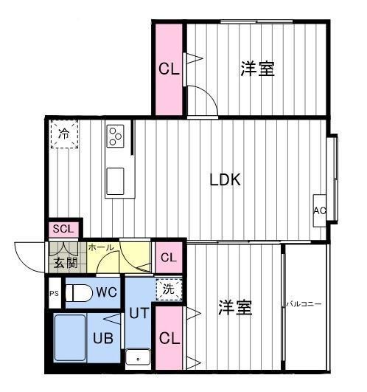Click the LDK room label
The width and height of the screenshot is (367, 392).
(226, 179)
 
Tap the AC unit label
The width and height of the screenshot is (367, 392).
(320, 210)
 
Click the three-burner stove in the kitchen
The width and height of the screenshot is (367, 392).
(116, 135)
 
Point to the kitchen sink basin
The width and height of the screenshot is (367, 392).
(116, 181)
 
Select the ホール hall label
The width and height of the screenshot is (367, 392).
(100, 248)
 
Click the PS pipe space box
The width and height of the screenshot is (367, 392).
(53, 292)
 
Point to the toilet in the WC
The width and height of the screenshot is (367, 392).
(78, 293)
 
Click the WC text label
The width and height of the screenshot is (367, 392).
(106, 292)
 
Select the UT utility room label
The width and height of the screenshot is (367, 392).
(139, 313)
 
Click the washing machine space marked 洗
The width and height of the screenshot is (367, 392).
(169, 289)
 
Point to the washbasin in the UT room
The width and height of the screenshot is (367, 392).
(138, 358)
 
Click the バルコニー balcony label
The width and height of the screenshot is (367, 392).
(304, 303)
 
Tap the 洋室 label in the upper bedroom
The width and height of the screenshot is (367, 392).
(257, 69)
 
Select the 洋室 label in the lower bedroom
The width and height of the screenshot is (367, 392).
(235, 308)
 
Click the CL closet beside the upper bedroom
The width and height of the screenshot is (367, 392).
(169, 69)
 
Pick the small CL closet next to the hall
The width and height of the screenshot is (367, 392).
(169, 258)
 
